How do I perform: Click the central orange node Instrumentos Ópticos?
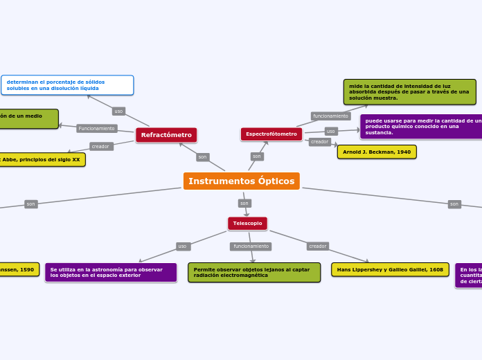point(241,181)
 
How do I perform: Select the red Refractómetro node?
point(166,135)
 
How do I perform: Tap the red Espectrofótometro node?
point(271,134)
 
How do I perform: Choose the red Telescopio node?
point(247,223)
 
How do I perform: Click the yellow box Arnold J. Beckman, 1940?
point(377,152)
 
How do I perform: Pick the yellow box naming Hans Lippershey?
point(390,269)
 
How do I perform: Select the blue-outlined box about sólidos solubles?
point(67,85)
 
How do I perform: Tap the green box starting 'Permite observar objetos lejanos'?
point(254,272)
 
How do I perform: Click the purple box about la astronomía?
point(111,272)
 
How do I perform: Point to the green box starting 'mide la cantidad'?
point(409,91)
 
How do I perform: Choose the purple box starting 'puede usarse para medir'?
point(421,127)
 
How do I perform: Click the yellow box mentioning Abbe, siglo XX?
point(42,159)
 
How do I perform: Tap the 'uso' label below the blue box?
point(118,111)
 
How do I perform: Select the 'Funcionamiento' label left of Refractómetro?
point(97,128)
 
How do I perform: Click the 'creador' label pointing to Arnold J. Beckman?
point(319,142)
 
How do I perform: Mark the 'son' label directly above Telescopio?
point(244,203)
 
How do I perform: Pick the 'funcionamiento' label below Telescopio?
point(251,246)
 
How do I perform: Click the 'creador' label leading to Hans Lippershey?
point(318,246)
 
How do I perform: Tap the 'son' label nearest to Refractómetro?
point(202,157)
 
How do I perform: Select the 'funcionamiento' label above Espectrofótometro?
point(330,116)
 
